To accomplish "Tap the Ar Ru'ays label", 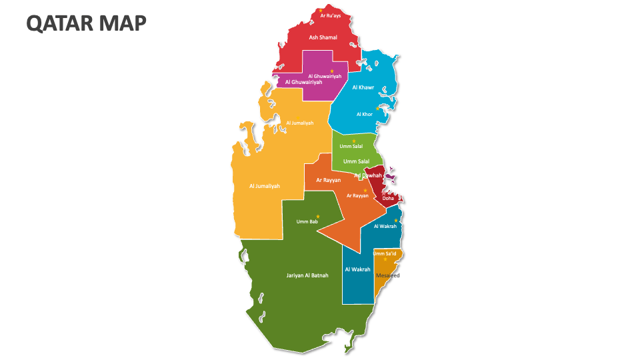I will pyautogui.click(x=331, y=15).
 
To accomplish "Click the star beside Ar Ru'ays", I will pyautogui.click(x=321, y=10).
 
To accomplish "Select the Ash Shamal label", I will pyautogui.click(x=323, y=37).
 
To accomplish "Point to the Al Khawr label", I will pyautogui.click(x=363, y=87).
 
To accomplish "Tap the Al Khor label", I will pyautogui.click(x=364, y=114).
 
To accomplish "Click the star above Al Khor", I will pyautogui.click(x=377, y=108).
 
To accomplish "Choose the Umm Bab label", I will pyautogui.click(x=307, y=221).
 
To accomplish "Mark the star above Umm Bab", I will pyautogui.click(x=318, y=216).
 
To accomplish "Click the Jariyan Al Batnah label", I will pyautogui.click(x=307, y=275).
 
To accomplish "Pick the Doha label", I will pyautogui.click(x=388, y=198).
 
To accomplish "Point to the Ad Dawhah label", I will pyautogui.click(x=368, y=175).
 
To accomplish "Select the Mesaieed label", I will pyautogui.click(x=388, y=275).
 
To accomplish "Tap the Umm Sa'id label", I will pyautogui.click(x=385, y=253).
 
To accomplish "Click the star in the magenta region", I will pyautogui.click(x=332, y=71).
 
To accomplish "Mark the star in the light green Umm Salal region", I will pyautogui.click(x=353, y=141).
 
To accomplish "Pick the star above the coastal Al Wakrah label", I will pyautogui.click(x=395, y=221).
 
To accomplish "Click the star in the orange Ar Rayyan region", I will pyautogui.click(x=365, y=191).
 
